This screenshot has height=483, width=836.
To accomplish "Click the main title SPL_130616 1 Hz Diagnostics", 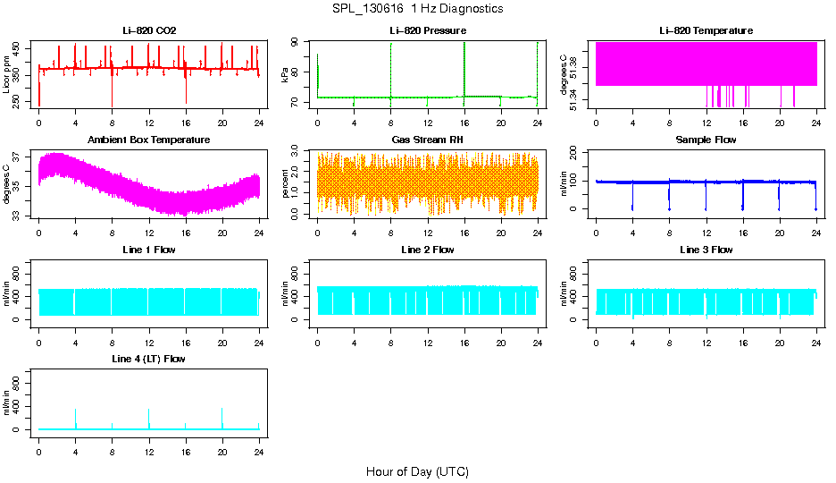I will (417, 9).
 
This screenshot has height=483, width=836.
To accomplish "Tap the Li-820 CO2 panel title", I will (149, 30).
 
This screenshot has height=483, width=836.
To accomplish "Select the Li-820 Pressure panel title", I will (428, 30).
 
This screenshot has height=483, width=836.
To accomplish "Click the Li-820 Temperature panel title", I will (706, 30).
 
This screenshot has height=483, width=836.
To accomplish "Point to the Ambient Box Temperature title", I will (149, 140).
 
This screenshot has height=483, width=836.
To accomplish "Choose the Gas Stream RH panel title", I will (428, 140).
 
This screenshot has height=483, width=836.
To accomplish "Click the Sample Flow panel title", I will (706, 140).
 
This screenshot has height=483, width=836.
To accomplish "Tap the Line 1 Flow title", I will (149, 250).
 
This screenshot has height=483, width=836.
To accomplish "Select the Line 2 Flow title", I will (428, 250).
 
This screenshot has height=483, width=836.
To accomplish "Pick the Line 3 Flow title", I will (706, 250).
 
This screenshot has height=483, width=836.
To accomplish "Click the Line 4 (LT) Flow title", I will (149, 359).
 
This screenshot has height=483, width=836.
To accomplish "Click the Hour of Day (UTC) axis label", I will (417, 471).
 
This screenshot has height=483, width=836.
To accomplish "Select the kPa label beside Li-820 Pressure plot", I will (285, 74).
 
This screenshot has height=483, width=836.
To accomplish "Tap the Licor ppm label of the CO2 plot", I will (7, 74).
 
